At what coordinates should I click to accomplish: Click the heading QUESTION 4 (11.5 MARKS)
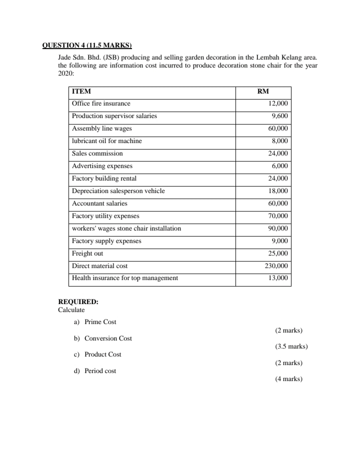(86, 45)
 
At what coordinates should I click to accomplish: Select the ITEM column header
(81, 91)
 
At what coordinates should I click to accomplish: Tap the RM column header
(263, 91)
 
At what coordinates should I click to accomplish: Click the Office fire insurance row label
(101, 103)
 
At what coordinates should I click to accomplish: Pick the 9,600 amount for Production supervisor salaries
(279, 116)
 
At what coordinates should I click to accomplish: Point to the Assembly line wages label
(102, 128)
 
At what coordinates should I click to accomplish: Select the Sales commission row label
(97, 153)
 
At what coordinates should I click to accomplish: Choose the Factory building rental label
(104, 178)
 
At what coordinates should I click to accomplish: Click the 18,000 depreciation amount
(277, 191)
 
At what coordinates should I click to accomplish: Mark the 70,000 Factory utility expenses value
(277, 216)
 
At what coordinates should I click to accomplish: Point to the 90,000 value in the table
(277, 228)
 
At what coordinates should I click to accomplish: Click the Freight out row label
(87, 253)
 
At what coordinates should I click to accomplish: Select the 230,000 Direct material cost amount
(276, 266)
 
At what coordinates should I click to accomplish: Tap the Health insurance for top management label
(125, 278)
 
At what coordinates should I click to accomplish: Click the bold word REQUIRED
(78, 302)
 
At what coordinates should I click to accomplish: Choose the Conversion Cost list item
(108, 338)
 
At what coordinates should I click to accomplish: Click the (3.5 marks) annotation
(291, 346)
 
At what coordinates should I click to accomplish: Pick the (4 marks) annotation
(289, 379)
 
